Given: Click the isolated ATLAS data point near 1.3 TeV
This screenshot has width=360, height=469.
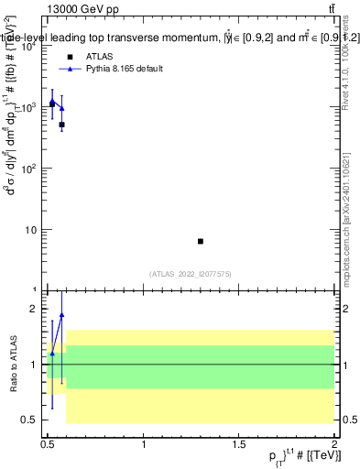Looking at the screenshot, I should tap(201, 241).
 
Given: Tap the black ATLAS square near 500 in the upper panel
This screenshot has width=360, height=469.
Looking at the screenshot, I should tap(61, 125).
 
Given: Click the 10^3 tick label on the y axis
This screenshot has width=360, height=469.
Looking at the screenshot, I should tap(29, 107).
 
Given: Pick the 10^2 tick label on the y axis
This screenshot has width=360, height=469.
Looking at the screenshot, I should tap(29, 169).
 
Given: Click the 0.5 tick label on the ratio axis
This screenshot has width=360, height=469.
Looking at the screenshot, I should tap(30, 420).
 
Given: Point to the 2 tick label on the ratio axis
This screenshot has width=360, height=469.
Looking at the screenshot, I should tap(35, 309).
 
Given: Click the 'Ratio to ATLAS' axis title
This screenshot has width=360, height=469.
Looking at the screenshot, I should tap(11, 364).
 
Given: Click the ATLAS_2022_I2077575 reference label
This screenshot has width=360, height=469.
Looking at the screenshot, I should tap(191, 273).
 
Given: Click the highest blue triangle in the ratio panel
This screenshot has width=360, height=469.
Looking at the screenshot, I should tap(61, 315).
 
